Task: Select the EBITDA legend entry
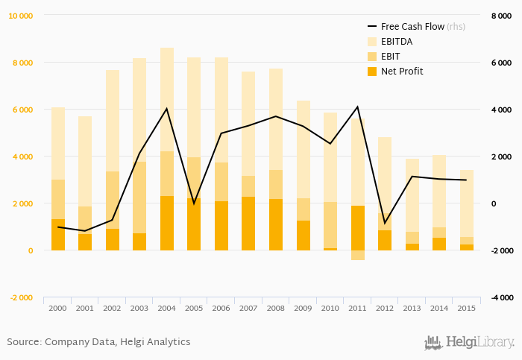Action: point(396,41)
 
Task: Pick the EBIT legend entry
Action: point(390,56)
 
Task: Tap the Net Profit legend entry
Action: point(401,71)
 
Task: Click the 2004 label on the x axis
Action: point(167,307)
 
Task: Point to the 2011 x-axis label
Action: point(358,307)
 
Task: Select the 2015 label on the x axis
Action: point(466,307)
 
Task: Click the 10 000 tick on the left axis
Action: point(21,16)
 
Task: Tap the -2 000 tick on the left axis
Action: point(21,297)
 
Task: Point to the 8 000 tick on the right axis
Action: point(501,16)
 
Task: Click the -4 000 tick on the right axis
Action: point(501,297)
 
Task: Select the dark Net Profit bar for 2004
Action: point(167,223)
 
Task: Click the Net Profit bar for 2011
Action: point(358,227)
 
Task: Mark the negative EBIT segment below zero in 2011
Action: point(358,255)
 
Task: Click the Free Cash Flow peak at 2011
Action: point(358,107)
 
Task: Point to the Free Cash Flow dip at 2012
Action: point(385,223)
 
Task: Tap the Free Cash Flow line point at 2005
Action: point(194,203)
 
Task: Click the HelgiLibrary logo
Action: point(469,342)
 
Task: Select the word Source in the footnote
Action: point(23,342)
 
